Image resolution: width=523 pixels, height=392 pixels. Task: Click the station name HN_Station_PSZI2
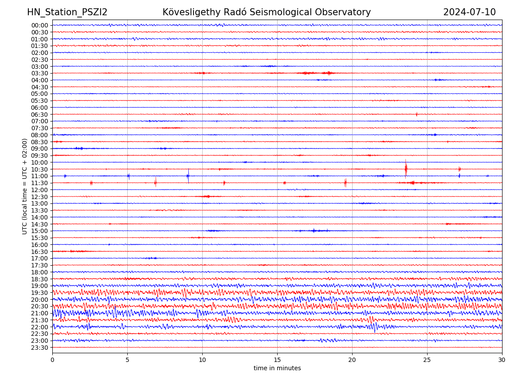coord(67,12)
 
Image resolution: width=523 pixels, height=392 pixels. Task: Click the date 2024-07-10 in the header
coord(469,12)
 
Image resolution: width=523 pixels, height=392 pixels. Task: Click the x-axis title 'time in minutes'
coord(277,368)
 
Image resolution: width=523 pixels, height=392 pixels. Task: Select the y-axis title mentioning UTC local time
coord(25,186)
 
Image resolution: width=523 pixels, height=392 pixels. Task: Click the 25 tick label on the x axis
coord(427,360)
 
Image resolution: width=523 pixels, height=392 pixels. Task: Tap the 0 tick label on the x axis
coord(52,360)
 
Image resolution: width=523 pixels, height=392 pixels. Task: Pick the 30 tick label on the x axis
coord(502,360)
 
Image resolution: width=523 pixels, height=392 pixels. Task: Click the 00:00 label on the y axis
coord(40,25)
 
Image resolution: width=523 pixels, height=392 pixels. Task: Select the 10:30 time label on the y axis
coord(40,169)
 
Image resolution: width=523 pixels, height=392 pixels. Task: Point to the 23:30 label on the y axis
coord(40,348)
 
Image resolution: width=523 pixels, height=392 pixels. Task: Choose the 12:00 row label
coord(40,190)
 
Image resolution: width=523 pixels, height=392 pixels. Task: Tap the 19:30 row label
coord(40,293)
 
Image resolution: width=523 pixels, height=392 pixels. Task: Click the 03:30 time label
coord(40,73)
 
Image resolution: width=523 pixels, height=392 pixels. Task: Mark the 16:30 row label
coord(40,252)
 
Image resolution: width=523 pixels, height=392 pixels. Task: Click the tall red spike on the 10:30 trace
coord(406,168)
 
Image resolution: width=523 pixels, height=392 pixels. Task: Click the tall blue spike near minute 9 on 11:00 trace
coord(188,176)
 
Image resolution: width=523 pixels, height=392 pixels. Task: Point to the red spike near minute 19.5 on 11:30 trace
coord(345,182)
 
